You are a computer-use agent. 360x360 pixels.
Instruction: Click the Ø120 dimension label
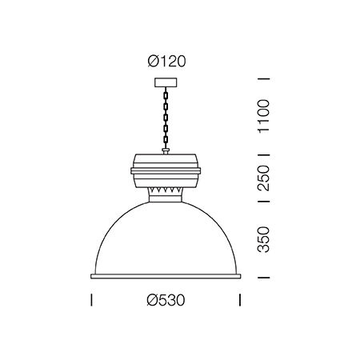166,62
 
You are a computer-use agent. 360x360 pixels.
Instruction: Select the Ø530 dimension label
166,300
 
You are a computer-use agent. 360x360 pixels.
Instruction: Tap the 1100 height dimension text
263,116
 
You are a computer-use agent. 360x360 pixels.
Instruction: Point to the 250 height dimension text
263,178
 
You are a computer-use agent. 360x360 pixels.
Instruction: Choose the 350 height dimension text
263,239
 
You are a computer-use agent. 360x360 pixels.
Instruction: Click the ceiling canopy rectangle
166,82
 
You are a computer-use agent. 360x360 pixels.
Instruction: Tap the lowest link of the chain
166,140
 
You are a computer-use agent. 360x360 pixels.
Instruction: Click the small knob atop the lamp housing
166,151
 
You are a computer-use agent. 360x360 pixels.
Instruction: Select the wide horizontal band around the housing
166,171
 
